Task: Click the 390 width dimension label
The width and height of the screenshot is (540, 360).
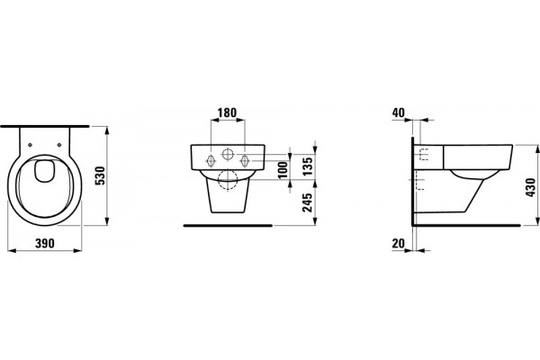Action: [45, 243]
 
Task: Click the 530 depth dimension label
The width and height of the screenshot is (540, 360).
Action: [100, 175]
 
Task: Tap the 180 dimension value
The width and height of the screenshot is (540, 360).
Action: [228, 112]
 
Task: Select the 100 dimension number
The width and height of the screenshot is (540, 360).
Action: [283, 170]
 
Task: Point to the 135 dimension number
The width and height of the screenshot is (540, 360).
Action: [308, 166]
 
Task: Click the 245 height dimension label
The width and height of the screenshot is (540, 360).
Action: [308, 202]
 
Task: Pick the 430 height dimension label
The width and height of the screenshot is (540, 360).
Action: [531, 187]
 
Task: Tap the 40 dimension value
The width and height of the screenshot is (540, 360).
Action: [399, 112]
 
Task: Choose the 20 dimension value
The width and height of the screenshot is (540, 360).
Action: [399, 244]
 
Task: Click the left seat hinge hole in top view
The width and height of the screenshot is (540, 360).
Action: [30, 145]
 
